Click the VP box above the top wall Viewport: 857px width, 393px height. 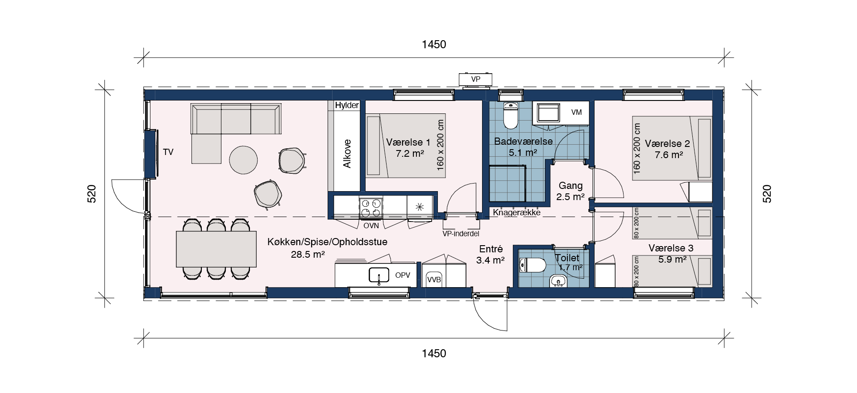[x=476, y=79]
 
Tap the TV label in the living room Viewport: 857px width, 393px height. [x=168, y=152]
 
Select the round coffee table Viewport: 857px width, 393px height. [x=243, y=160]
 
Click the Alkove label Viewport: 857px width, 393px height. [x=347, y=154]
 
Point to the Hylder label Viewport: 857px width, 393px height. [x=347, y=105]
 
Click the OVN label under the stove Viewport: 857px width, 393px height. [x=371, y=226]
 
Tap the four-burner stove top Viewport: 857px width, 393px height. [x=371, y=208]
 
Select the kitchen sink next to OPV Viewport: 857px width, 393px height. [x=379, y=275]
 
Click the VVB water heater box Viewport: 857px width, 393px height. [x=434, y=279]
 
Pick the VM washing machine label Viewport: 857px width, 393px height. [x=577, y=113]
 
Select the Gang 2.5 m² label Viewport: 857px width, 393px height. [x=570, y=191]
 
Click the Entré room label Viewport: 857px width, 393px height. [x=491, y=249]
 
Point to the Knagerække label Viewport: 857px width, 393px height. [x=516, y=213]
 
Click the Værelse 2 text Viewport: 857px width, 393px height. [x=667, y=144]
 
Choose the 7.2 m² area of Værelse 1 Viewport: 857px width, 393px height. [x=409, y=154]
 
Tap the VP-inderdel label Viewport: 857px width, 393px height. [x=461, y=234]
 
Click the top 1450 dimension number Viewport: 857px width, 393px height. [x=434, y=44]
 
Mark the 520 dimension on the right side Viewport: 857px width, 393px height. [x=767, y=194]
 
